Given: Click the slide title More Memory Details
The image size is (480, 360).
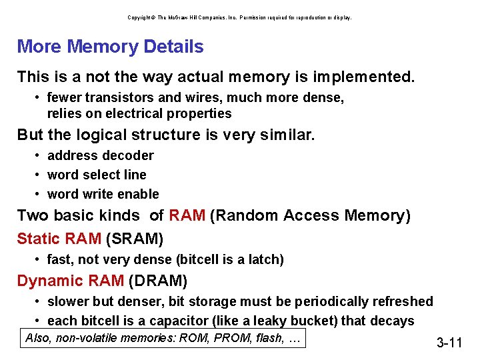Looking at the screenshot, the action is point(110,47).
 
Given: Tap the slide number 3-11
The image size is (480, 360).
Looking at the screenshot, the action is point(449,343).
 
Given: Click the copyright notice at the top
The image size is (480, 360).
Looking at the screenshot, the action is point(239,17).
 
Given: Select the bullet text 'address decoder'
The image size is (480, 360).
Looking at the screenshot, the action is point(100,155).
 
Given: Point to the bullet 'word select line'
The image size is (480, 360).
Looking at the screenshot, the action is point(97,175).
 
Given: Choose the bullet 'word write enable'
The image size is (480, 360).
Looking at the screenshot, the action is point(103,194).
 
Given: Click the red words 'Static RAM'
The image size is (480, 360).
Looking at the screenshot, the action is point(59,238).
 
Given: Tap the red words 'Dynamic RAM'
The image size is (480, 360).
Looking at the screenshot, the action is point(70,280).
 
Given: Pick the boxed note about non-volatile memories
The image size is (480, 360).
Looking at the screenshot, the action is point(163,338).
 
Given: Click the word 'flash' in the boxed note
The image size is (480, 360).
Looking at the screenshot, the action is point(269,338).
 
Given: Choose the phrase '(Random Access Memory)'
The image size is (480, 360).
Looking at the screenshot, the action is point(310,216).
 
